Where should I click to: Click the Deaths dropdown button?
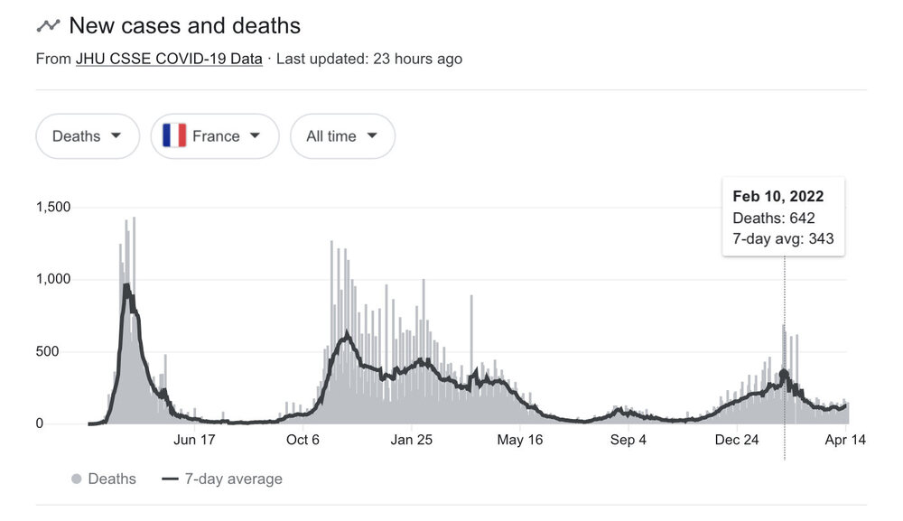(87, 136)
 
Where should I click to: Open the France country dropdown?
(214, 136)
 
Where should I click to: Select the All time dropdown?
(341, 136)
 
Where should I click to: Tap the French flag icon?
(174, 136)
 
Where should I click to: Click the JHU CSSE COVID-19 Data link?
(169, 60)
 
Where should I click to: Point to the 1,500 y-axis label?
(53, 208)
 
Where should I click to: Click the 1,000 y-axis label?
(53, 280)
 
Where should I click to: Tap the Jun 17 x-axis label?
(195, 441)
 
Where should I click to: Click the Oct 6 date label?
(303, 441)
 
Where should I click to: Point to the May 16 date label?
(520, 441)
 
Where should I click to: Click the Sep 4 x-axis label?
(628, 441)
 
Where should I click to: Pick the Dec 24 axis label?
(737, 441)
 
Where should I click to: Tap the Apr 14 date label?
(845, 441)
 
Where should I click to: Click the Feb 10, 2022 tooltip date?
(777, 197)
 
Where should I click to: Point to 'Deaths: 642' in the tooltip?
(774, 219)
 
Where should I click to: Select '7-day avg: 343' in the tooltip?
(783, 239)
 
